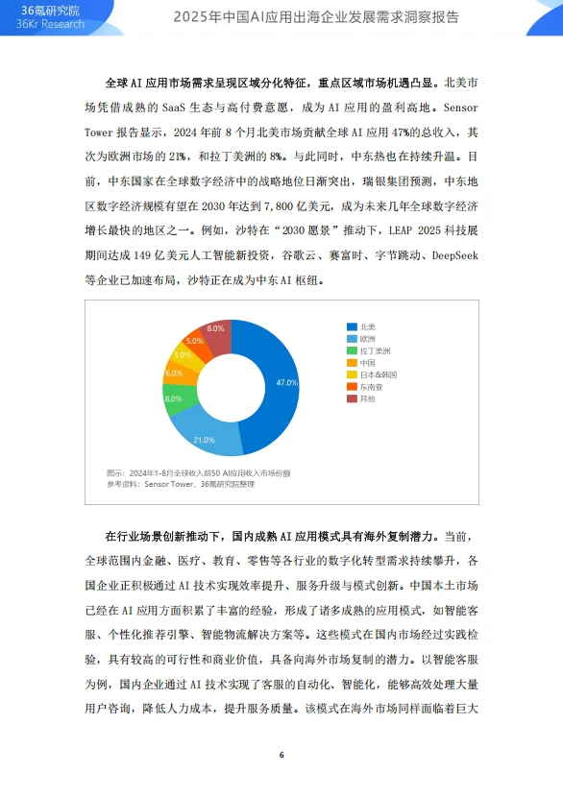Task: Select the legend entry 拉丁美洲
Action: (x=374, y=350)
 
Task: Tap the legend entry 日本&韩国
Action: (x=377, y=374)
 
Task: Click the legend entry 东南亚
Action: (x=370, y=385)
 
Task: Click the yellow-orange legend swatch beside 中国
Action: (x=353, y=362)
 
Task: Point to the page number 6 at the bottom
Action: (x=281, y=755)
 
